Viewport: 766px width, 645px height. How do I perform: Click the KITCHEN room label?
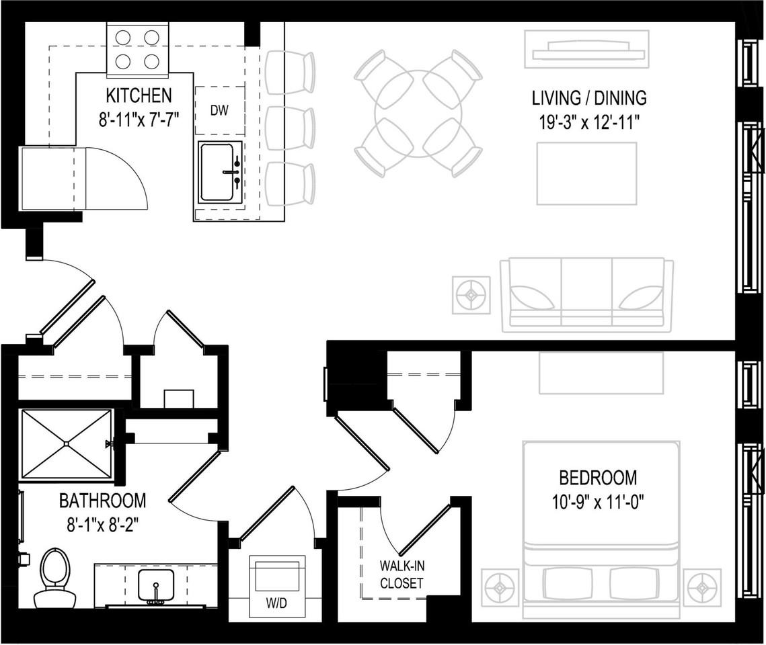(x=139, y=95)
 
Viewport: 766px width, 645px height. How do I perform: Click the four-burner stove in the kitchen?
(x=137, y=50)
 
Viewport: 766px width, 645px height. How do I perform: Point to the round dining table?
(x=418, y=112)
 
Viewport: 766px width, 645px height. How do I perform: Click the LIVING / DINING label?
(x=589, y=98)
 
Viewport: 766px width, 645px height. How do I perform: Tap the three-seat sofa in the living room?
(x=586, y=295)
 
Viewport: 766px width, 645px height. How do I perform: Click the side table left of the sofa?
(x=471, y=294)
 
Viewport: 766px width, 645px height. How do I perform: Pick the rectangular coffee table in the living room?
(x=586, y=173)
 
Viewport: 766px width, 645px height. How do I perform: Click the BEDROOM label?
(x=598, y=478)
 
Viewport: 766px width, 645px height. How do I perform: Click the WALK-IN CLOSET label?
(x=402, y=574)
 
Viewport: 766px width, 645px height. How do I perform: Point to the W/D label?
(x=276, y=603)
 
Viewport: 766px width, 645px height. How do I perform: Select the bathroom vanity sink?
(x=157, y=585)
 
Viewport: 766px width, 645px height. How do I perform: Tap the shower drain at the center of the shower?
(x=66, y=443)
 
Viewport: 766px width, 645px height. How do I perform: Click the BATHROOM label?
(x=102, y=501)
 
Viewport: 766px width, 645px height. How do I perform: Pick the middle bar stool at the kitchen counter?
(x=290, y=128)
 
